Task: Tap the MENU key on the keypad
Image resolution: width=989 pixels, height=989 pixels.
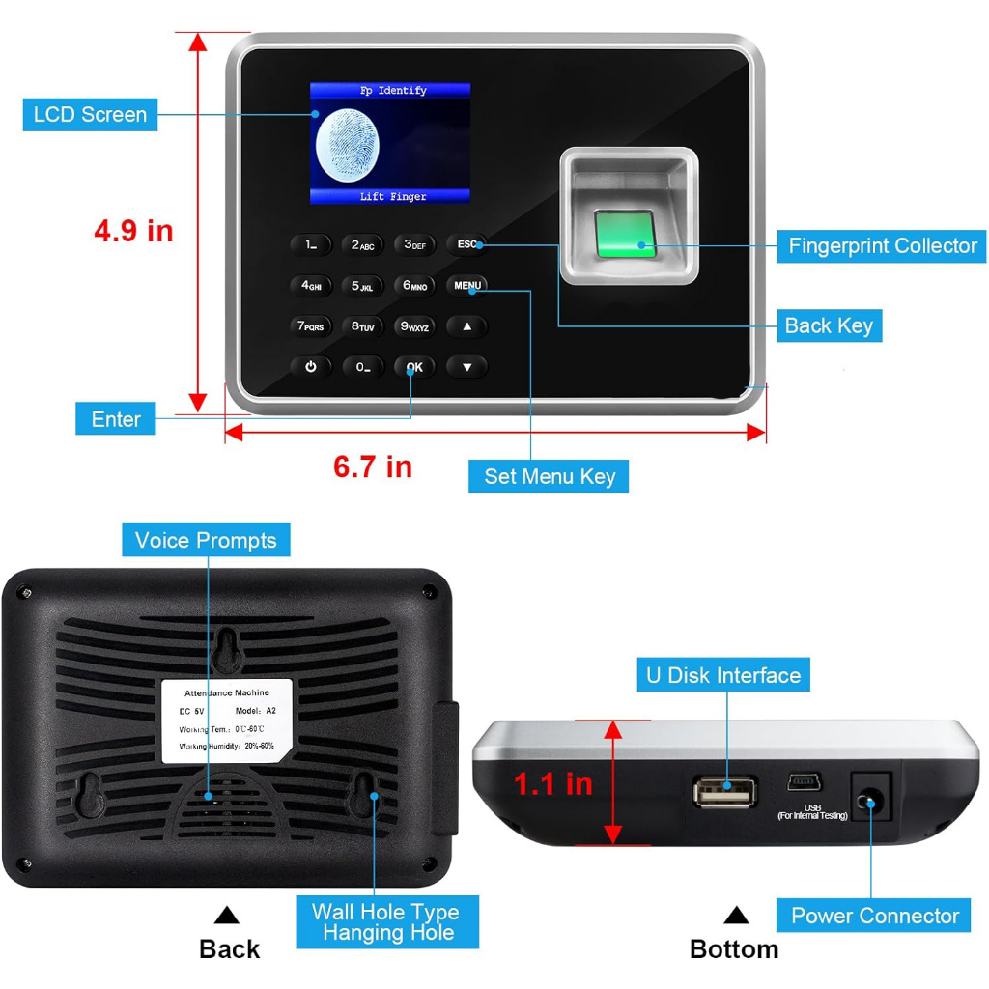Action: pos(467,286)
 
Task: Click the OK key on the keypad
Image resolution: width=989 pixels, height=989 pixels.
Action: pos(414,367)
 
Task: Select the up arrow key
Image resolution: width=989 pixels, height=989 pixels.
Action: pos(467,326)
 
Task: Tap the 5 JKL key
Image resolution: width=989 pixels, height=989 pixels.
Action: pos(362,286)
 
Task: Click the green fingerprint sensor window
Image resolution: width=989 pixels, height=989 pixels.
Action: pos(625,235)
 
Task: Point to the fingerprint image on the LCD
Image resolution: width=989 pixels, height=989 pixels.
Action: pos(348,145)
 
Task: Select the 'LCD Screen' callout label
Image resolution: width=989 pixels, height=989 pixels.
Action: pos(90,115)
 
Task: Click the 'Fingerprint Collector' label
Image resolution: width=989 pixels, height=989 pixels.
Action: pos(882,245)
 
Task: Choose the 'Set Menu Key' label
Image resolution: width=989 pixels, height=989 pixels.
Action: pos(549,476)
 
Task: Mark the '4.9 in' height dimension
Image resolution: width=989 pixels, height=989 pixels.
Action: pos(133,231)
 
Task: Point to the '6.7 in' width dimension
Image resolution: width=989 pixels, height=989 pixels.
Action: pos(373,466)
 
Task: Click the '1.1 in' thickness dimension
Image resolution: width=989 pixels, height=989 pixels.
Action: pos(552,783)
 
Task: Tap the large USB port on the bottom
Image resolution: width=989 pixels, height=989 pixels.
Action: pos(724,792)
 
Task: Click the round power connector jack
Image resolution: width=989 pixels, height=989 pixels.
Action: pos(869,801)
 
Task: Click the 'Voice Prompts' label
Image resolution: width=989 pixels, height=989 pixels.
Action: pos(206,540)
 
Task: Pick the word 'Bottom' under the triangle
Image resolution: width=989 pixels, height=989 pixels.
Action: pos(734,949)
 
